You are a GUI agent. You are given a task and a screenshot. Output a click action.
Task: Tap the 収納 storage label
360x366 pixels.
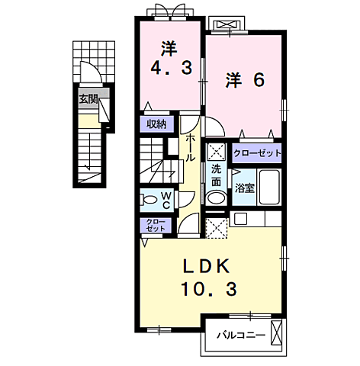156,124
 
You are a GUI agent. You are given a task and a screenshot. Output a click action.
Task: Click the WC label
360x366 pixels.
168,201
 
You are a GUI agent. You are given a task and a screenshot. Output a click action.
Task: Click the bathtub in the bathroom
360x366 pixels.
268,188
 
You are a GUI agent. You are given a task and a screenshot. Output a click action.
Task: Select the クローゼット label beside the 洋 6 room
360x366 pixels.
258,153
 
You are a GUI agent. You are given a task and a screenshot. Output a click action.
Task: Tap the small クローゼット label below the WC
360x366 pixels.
156,225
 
